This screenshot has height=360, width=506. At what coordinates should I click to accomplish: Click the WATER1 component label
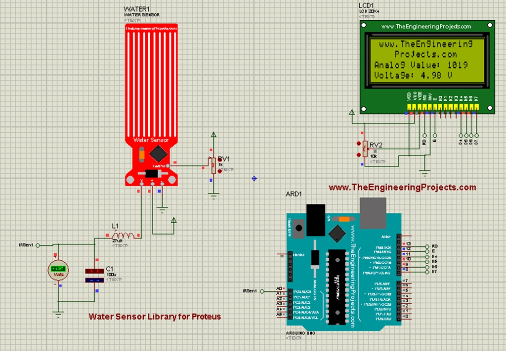point(136,9)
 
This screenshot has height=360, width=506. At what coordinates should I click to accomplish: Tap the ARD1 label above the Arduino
point(294,194)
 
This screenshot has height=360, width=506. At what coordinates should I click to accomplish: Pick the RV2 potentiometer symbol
point(365,148)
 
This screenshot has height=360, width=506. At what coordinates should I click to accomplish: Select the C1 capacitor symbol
point(94,276)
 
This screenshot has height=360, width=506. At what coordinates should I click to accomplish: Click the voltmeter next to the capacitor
point(58,271)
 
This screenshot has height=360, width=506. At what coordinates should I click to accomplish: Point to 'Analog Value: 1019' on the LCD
point(421,65)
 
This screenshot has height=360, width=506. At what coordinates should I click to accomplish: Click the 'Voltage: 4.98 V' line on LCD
point(413,76)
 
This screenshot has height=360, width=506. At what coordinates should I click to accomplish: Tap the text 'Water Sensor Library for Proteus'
point(155,317)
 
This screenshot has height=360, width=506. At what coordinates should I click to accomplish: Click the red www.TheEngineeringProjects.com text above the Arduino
point(402,188)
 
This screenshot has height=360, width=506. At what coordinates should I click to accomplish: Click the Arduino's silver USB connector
point(374,211)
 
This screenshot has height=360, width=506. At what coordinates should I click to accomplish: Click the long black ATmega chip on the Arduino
point(336,286)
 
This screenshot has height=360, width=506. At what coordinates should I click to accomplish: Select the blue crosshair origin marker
point(254,178)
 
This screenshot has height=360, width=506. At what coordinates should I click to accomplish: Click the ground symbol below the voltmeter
point(58,313)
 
